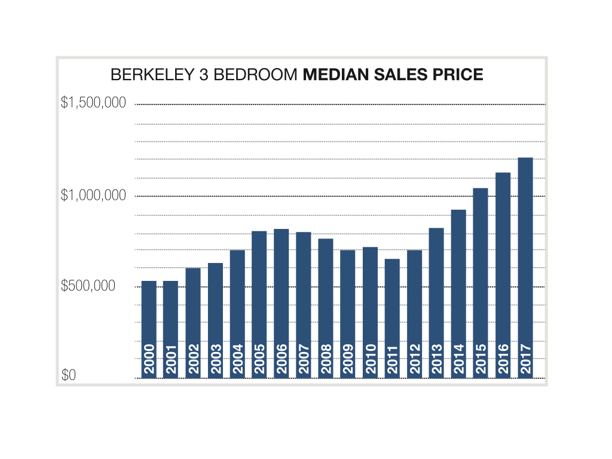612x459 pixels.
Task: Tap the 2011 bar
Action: (392, 311)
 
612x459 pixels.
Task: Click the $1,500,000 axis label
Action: (93, 103)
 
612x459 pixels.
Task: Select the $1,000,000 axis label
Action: (93, 195)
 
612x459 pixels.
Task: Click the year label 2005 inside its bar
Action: (259, 359)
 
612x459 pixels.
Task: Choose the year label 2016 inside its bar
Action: (503, 359)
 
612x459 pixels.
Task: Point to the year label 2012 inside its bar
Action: (415, 359)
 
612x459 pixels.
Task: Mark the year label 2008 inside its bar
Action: (326, 359)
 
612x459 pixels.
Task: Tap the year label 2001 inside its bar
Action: (171, 359)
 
